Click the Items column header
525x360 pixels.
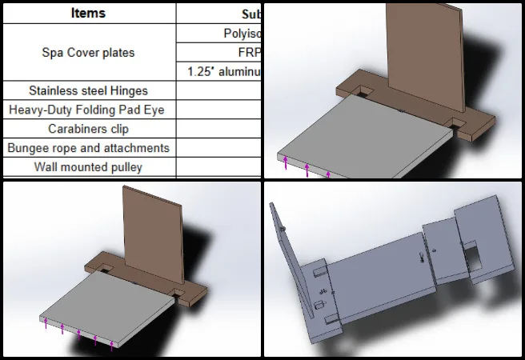(x=87, y=13)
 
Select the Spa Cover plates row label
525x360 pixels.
(x=88, y=53)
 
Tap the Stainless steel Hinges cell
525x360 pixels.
(x=88, y=91)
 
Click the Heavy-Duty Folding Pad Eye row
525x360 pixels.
(x=88, y=110)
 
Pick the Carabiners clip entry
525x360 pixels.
(x=88, y=129)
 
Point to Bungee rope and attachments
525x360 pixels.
(x=88, y=148)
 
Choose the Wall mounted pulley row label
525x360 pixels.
(x=88, y=167)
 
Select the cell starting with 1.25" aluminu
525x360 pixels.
(x=225, y=71)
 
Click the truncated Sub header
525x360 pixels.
(x=252, y=14)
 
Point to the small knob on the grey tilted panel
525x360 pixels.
(x=284, y=230)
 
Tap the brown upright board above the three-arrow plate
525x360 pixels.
(x=424, y=56)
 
